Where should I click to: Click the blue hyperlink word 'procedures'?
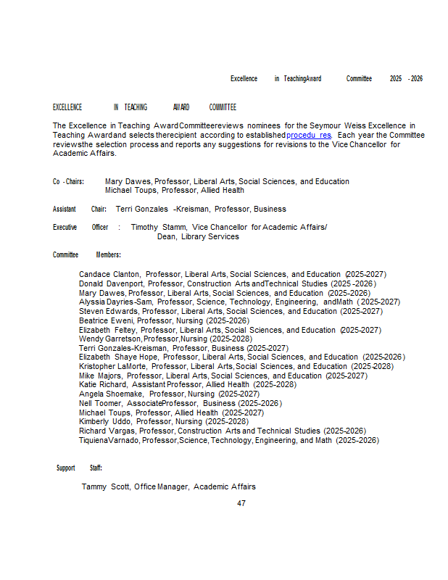[x=309, y=135]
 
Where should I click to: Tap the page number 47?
[x=241, y=503]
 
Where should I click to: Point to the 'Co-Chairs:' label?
[x=68, y=181]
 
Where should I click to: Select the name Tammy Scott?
[x=105, y=486]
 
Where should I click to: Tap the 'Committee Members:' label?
[x=86, y=255]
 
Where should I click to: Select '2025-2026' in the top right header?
[x=406, y=78]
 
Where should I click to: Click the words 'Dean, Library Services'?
[x=198, y=236]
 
